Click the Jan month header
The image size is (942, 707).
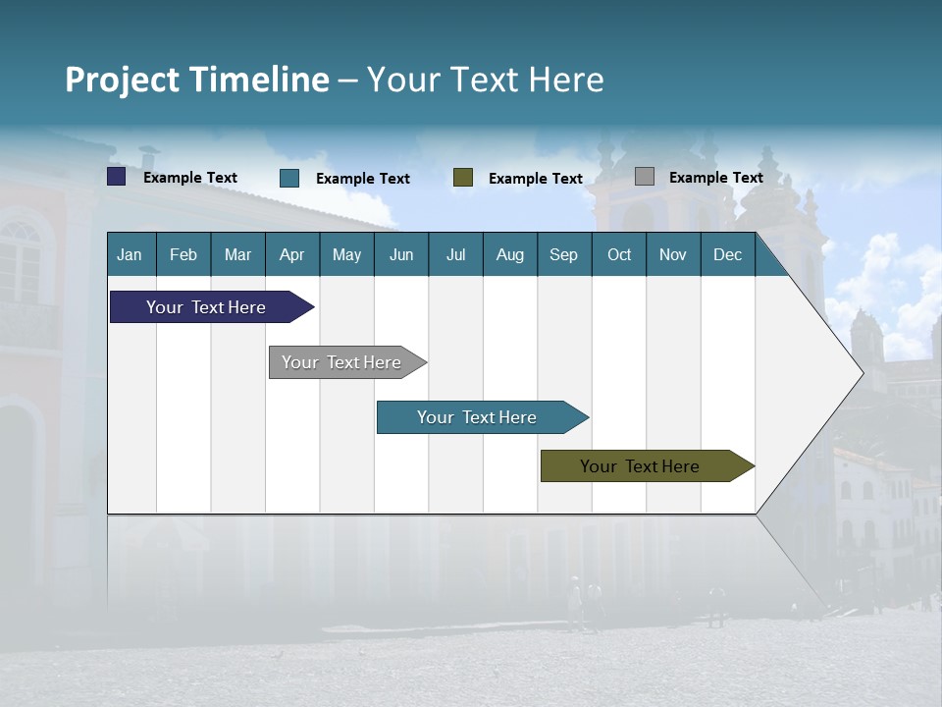[x=130, y=254]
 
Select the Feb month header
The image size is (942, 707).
[x=183, y=254]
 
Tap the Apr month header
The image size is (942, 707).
[x=291, y=254]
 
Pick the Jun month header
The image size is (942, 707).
[x=400, y=254]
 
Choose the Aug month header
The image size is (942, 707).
[x=509, y=254]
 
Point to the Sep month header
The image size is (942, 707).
[x=563, y=254]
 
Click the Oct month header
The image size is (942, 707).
[x=618, y=254]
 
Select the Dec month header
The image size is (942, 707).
[x=727, y=254]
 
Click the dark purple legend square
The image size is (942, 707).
[x=117, y=177]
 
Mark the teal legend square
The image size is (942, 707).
[x=289, y=178]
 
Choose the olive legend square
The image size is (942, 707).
[x=463, y=178]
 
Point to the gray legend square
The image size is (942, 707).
[x=645, y=177]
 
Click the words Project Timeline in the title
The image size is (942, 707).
[x=197, y=80]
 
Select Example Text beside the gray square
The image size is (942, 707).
[x=715, y=178]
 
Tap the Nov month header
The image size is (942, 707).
[x=672, y=254]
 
